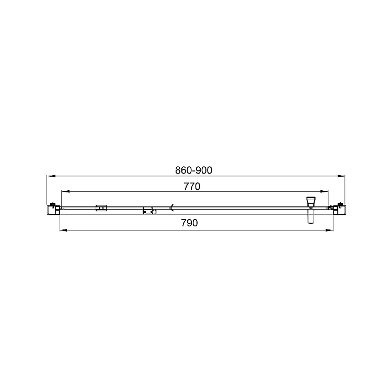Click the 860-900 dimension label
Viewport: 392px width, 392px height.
tap(193, 170)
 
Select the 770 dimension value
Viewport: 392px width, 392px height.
tap(192, 187)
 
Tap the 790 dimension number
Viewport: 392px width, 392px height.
tap(189, 223)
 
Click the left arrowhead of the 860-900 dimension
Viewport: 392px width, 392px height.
tap(51, 176)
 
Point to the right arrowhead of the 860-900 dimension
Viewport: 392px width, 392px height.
tap(341, 176)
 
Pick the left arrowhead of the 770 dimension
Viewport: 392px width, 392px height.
tap(66, 192)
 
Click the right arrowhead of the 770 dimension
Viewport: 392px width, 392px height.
tap(324, 192)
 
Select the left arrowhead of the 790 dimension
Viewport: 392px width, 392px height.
tap(64, 230)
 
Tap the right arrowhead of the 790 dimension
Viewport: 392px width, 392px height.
tap(329, 230)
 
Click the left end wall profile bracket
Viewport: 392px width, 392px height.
tap(54, 210)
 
